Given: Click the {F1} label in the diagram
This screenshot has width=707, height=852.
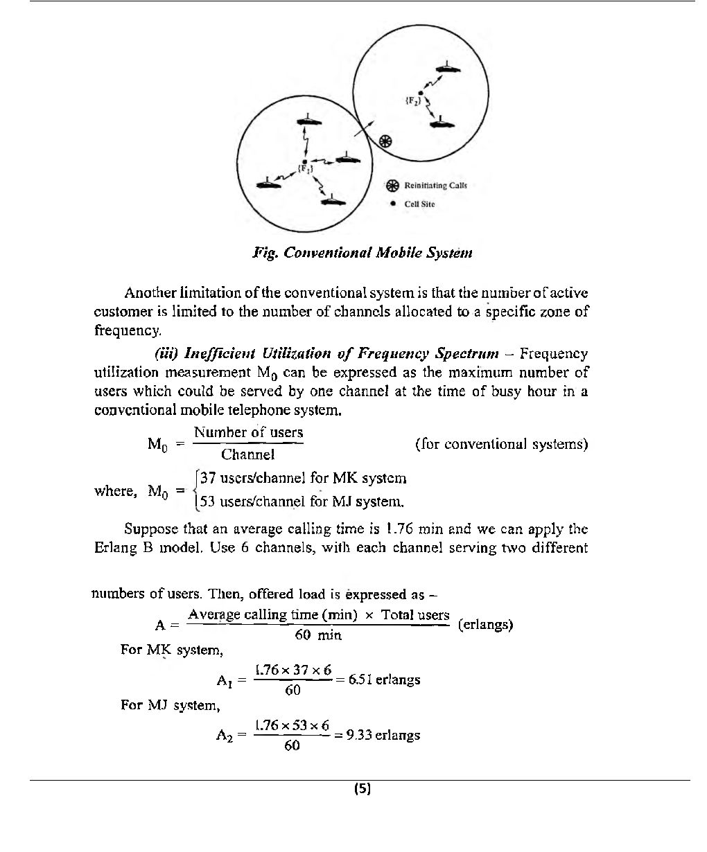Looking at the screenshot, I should pyautogui.click(x=306, y=168).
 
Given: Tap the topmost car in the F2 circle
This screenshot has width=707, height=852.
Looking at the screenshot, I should pyautogui.click(x=448, y=69).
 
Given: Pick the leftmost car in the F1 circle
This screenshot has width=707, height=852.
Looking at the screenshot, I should pyautogui.click(x=265, y=182).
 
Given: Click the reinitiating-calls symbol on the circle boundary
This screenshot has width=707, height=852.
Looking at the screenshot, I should pyautogui.click(x=387, y=142).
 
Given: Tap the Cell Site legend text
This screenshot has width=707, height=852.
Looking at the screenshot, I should pyautogui.click(x=419, y=204).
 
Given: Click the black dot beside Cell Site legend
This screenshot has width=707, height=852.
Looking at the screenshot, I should pyautogui.click(x=393, y=204).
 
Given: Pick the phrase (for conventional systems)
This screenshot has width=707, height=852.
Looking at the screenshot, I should pyautogui.click(x=501, y=443).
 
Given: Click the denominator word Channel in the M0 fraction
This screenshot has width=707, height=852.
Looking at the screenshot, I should pyautogui.click(x=247, y=454).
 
